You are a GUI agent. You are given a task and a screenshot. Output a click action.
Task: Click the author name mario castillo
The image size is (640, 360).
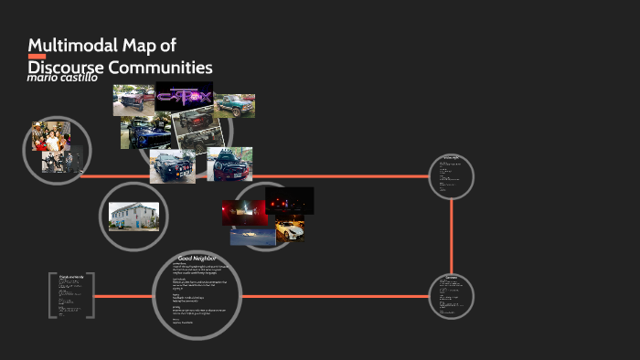tap(63, 79)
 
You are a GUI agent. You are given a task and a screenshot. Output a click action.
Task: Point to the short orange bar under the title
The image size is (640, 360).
tap(37, 57)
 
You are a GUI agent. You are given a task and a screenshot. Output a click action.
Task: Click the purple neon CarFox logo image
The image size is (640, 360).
tap(184, 96)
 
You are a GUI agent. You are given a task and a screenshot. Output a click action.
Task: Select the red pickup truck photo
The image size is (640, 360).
tap(133, 100)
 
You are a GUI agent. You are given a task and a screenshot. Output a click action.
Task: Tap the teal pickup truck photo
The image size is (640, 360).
tap(234, 106)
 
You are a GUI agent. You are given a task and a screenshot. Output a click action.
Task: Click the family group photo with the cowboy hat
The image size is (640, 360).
tap(51, 136)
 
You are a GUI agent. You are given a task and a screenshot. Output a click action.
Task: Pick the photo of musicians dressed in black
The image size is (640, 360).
tap(63, 161)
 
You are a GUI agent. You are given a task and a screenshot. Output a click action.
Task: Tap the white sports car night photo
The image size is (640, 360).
tap(289, 228)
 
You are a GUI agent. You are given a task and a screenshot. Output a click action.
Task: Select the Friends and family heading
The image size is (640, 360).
tap(70, 276)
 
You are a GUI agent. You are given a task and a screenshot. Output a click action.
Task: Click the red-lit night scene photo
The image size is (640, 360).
tap(245, 213)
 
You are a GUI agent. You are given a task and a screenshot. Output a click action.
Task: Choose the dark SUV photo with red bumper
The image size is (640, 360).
tap(229, 164)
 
